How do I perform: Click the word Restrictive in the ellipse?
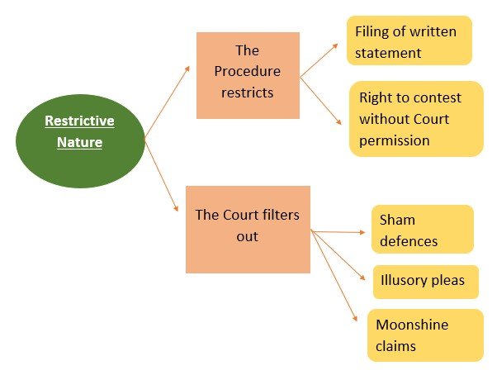tap(79, 121)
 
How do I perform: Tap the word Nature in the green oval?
tap(79, 142)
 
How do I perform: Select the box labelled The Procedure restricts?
tap(247, 74)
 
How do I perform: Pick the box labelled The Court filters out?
tap(247, 228)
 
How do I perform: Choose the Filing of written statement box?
tap(409, 40)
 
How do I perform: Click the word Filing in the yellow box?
tap(373, 31)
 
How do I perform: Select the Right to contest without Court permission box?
tap(415, 118)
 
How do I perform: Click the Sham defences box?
tap(422, 230)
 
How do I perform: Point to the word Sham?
tap(397, 221)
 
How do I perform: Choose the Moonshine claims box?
tap(424, 335)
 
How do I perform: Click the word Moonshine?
tap(412, 325)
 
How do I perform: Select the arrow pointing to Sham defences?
tap(338, 232)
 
